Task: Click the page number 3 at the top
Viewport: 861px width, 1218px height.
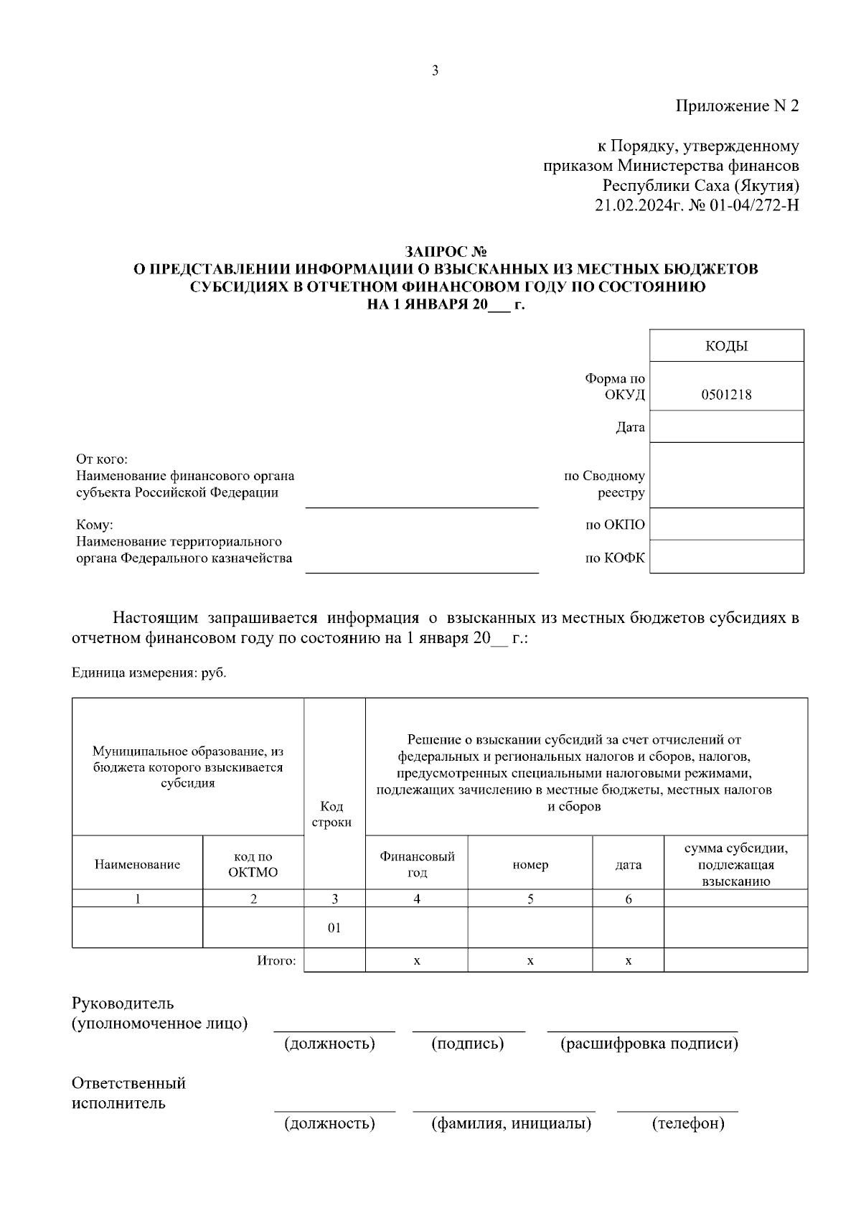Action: (435, 71)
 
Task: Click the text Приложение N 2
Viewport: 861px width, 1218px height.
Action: (737, 106)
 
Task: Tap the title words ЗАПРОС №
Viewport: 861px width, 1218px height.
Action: (446, 252)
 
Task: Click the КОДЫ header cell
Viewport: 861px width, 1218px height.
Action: (726, 346)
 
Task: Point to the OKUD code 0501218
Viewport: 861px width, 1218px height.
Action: (726, 394)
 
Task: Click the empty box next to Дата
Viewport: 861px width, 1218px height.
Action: (726, 427)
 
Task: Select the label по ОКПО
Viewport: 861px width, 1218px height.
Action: (615, 525)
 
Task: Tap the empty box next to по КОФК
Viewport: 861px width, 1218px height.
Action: (726, 557)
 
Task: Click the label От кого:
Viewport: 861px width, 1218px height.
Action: (102, 459)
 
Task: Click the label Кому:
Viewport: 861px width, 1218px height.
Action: (95, 525)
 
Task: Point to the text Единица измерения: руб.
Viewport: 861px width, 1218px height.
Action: (149, 673)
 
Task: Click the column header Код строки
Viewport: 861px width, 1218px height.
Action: (331, 815)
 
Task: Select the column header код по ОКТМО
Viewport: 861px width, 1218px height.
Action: (253, 864)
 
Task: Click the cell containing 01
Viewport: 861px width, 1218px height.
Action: (334, 928)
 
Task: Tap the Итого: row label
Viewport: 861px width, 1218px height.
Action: (276, 960)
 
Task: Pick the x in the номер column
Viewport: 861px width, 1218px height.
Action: (530, 960)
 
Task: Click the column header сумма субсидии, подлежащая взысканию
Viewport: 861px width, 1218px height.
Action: (735, 864)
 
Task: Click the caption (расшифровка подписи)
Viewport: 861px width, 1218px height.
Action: (649, 1043)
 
